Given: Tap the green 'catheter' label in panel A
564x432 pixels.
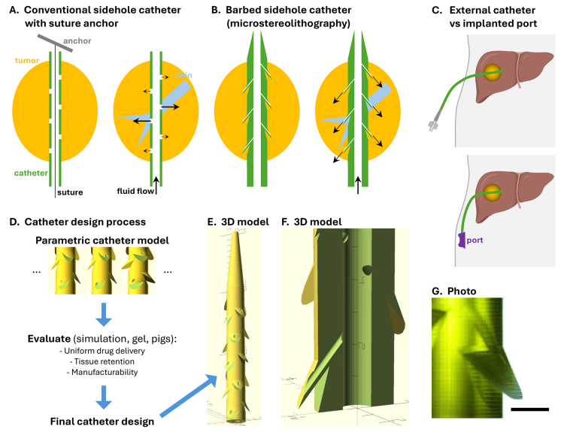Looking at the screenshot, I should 29,173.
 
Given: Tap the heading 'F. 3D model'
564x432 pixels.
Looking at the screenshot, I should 311,222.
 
